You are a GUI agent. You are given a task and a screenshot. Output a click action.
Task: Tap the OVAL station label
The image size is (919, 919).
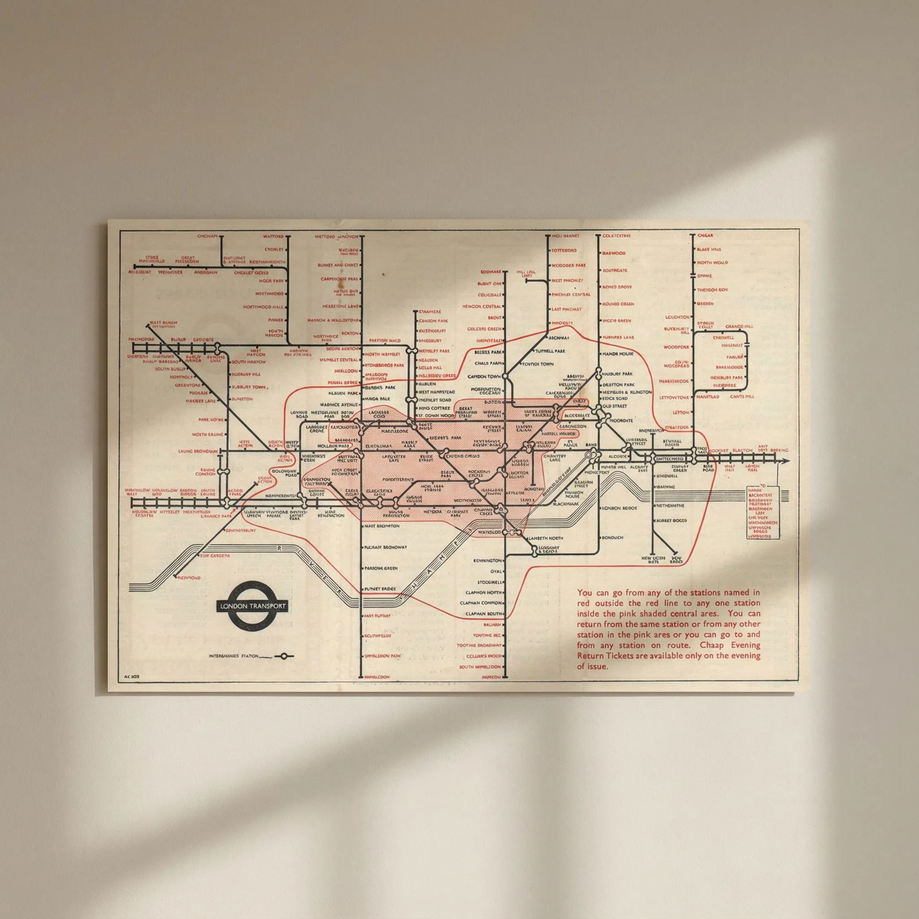(x=496, y=572)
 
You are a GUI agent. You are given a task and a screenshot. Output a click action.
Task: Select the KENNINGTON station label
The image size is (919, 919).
(x=486, y=560)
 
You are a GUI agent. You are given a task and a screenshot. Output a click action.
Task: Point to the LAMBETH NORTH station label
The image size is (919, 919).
(x=545, y=538)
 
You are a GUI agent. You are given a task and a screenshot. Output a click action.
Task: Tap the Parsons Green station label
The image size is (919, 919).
(x=380, y=569)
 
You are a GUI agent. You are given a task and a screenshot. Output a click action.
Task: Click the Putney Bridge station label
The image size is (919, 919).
(x=380, y=590)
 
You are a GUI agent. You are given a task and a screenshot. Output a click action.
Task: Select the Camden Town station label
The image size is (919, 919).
(x=485, y=376)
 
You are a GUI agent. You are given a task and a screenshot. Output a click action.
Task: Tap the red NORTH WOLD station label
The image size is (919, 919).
(x=712, y=262)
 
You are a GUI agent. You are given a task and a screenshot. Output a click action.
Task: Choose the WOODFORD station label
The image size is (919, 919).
(x=675, y=347)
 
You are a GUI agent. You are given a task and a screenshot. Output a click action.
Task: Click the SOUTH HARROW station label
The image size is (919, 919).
(x=249, y=362)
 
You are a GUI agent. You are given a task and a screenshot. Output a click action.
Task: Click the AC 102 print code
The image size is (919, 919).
(x=132, y=677)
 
